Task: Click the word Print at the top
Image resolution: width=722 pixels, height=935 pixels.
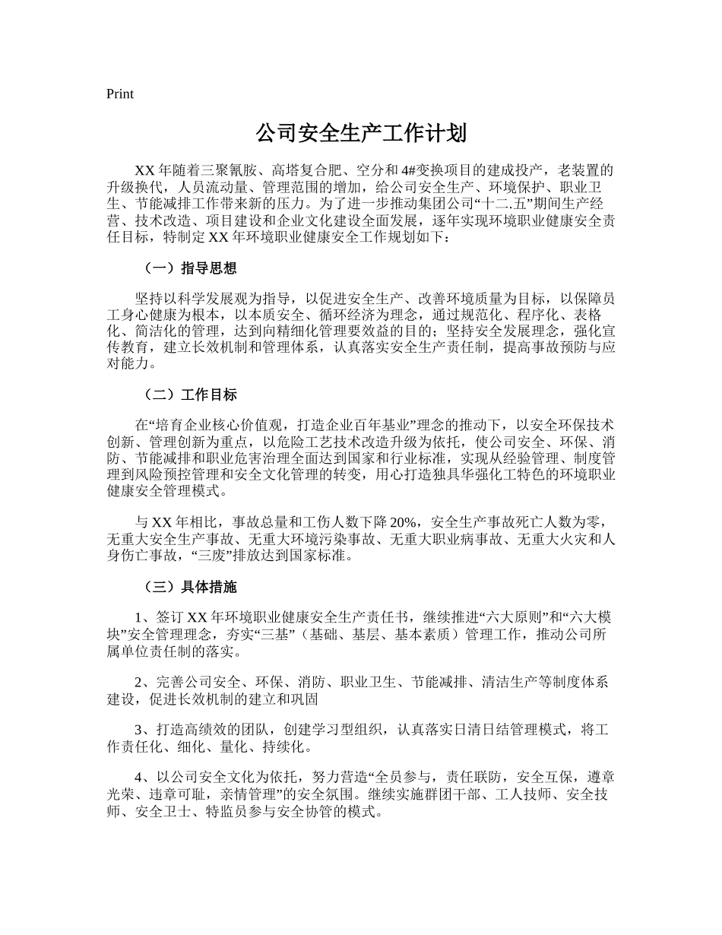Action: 120,94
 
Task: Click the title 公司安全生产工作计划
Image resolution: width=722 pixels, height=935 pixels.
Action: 360,135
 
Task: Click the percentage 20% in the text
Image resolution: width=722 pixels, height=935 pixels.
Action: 404,522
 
